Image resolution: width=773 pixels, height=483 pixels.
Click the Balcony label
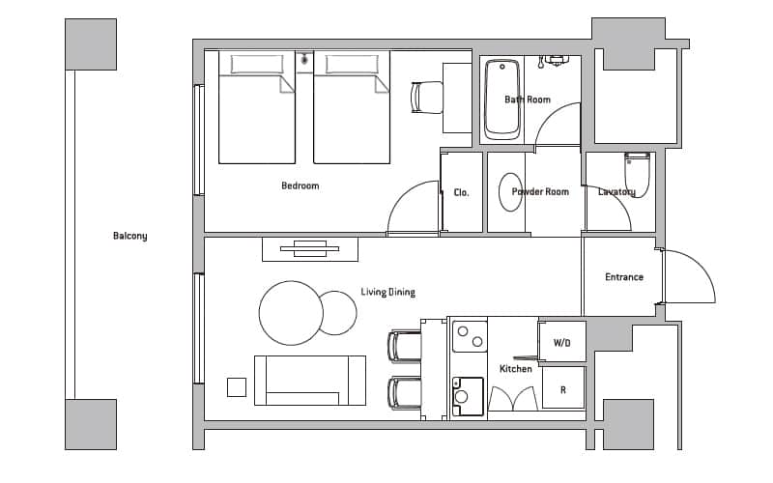point(130,236)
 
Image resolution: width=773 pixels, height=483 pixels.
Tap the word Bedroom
point(301,185)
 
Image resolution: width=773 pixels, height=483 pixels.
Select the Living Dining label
point(388,293)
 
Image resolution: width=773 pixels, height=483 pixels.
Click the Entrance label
point(624,277)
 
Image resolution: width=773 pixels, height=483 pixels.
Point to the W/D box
point(562,342)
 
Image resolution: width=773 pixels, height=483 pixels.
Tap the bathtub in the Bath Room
point(501,99)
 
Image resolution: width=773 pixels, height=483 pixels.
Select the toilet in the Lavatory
point(638,175)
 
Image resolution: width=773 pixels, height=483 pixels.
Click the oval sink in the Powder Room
point(510,192)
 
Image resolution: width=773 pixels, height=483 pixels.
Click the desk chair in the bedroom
point(426,98)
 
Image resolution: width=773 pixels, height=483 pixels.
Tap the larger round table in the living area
point(291,313)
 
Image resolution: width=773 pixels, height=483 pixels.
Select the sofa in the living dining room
point(310,381)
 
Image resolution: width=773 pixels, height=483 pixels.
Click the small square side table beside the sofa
point(237,387)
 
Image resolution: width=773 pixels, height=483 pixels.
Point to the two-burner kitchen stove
point(470,336)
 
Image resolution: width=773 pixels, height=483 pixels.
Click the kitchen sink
point(468,396)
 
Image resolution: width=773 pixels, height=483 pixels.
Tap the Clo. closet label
point(462,192)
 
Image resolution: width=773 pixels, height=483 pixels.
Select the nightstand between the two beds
point(304,62)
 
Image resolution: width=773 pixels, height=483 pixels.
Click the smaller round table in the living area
point(337,313)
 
